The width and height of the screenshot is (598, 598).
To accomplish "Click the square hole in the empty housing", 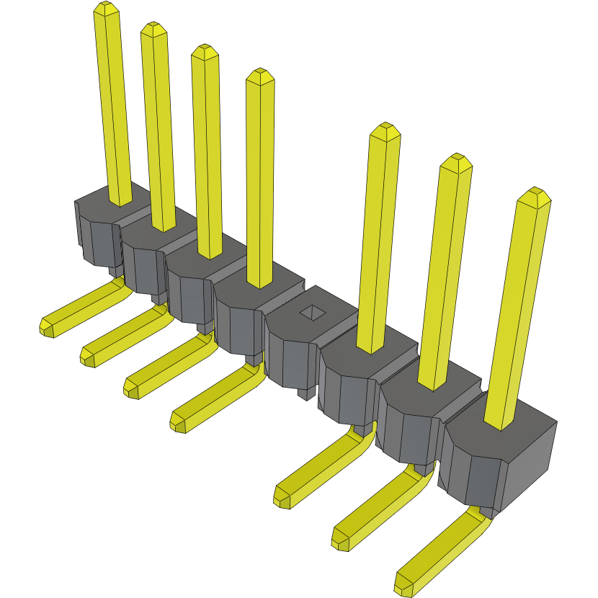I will [x=312, y=311].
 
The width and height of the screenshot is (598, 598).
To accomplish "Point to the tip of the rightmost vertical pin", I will [x=534, y=196].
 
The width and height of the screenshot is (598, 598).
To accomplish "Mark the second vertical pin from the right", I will [x=447, y=274].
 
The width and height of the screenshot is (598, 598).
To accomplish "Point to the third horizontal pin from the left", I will [x=166, y=364].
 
